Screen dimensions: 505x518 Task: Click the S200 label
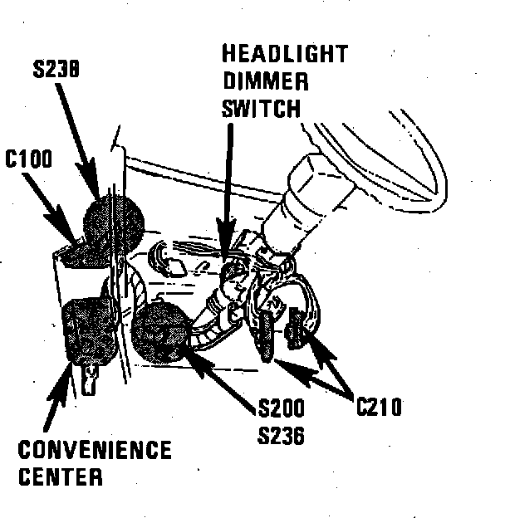282,408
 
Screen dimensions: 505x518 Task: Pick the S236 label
282,433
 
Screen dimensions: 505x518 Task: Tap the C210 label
379,407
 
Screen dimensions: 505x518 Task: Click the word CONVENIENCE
95,452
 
